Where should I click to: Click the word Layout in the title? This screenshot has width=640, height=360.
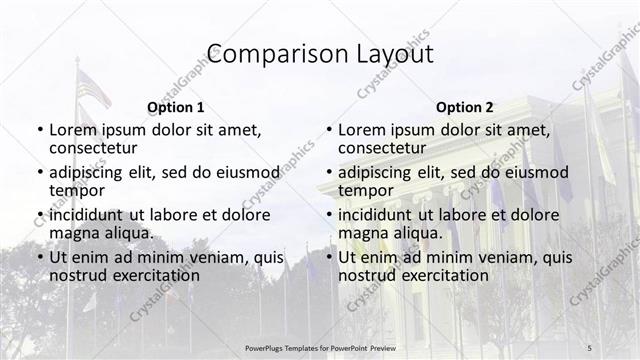[x=395, y=54]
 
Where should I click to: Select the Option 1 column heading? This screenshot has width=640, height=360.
[x=176, y=106]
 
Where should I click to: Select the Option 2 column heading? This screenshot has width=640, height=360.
[x=465, y=106]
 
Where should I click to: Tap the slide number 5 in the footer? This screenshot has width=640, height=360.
[x=590, y=346]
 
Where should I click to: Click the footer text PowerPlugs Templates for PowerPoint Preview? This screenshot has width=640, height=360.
[x=319, y=346]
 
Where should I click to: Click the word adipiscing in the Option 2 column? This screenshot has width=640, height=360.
[x=379, y=172]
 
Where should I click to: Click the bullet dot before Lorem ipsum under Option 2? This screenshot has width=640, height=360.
[x=328, y=131]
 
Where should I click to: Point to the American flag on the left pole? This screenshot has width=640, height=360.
[x=94, y=90]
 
